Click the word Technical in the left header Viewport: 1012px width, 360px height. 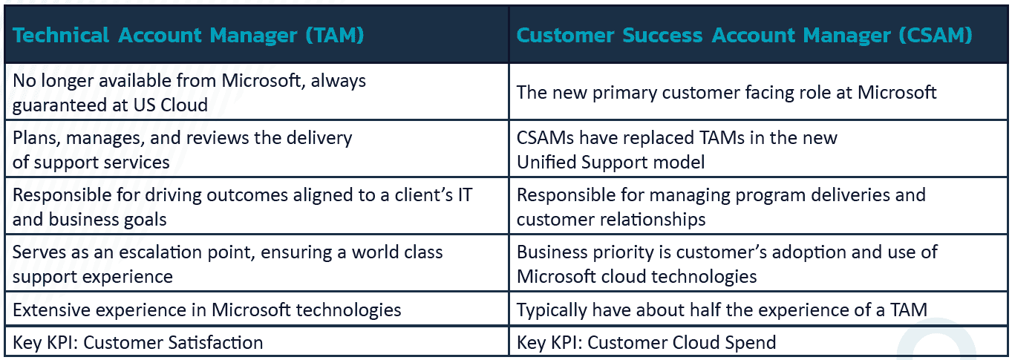click(61, 35)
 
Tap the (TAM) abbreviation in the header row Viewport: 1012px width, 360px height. click(335, 35)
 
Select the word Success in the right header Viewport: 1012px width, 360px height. click(662, 35)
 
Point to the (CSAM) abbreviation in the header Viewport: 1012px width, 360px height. click(936, 35)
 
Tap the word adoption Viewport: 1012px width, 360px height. click(809, 252)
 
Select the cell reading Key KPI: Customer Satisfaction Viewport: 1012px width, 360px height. click(257, 342)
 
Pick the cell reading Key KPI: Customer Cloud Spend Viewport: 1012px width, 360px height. click(758, 342)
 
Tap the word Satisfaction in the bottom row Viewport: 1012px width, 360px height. click(215, 343)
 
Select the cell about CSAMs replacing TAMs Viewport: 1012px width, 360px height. click(758, 149)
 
